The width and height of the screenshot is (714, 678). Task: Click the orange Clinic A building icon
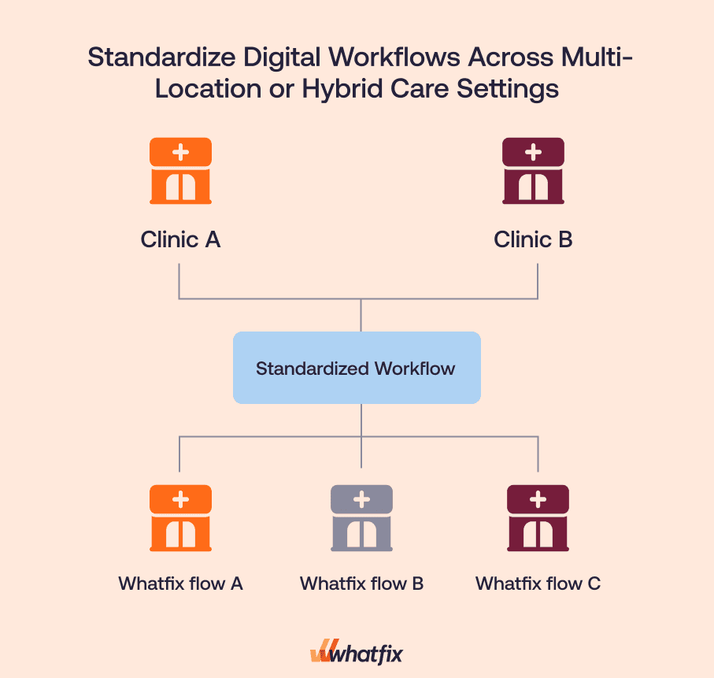click(x=180, y=171)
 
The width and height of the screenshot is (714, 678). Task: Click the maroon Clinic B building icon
click(x=533, y=171)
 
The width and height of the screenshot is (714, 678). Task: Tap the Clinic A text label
click(x=180, y=239)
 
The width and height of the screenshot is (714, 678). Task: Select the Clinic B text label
click(x=533, y=239)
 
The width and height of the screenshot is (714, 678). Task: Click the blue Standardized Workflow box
click(x=356, y=368)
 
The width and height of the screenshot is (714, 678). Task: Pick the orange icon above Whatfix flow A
click(x=180, y=517)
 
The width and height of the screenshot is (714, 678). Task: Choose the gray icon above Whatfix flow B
click(x=361, y=517)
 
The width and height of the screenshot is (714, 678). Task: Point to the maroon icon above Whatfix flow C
click(x=538, y=517)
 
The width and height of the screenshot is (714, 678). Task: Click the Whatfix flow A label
click(x=180, y=584)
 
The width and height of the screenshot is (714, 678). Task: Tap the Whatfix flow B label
click(x=361, y=584)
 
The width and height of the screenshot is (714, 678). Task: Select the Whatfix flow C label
click(x=538, y=584)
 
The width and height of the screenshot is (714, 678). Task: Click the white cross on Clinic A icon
click(x=180, y=150)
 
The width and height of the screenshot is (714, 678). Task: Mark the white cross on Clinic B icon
click(x=533, y=150)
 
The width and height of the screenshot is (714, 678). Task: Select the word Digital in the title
click(x=281, y=58)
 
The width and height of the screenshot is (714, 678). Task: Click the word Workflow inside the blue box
click(x=415, y=368)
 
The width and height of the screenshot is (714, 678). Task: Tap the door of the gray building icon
click(x=361, y=535)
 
